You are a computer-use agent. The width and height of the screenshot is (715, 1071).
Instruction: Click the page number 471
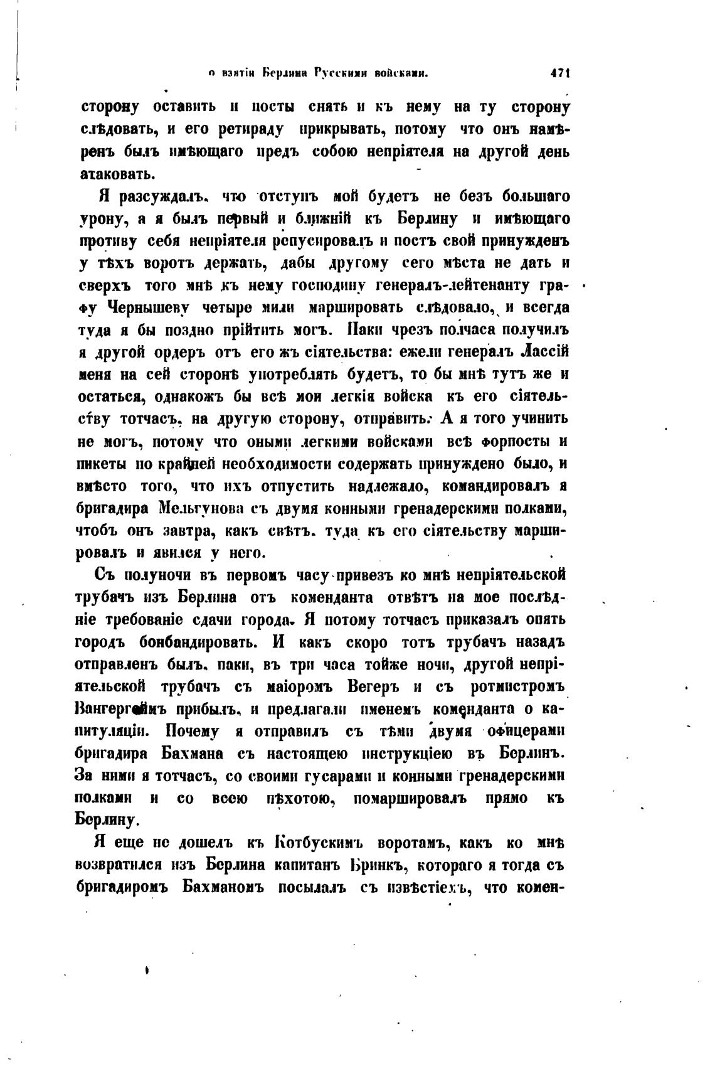pos(559,73)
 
